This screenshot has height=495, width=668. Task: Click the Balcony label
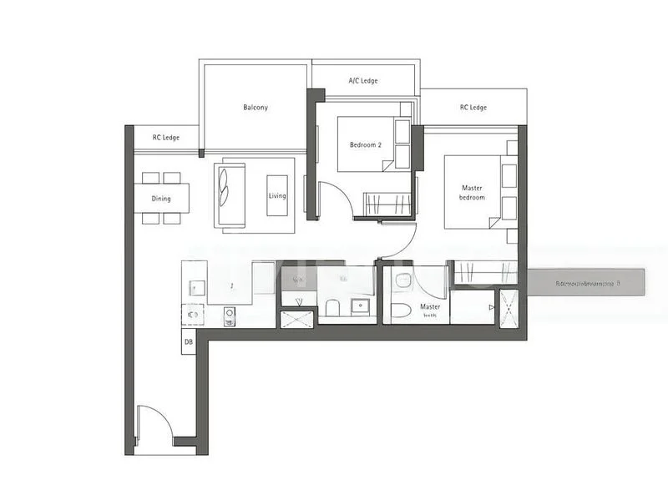point(256,108)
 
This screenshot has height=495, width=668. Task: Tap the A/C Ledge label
point(363,81)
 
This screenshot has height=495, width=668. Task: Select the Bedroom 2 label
point(365,145)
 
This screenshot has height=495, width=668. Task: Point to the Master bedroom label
point(472,193)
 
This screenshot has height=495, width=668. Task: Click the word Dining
point(161,199)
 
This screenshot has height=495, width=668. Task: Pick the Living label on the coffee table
point(277,196)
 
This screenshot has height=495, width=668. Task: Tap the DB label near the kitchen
point(189,341)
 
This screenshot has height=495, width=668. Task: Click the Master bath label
point(430,311)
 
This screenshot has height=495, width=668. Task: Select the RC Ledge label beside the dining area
point(166,138)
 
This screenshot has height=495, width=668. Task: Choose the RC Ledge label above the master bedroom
point(473,108)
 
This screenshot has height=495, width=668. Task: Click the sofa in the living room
point(230,195)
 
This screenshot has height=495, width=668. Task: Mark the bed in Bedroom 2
point(367,144)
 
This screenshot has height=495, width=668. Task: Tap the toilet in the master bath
point(401,311)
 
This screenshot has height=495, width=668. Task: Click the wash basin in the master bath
point(402,280)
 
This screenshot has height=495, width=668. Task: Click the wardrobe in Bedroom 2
point(388,204)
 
